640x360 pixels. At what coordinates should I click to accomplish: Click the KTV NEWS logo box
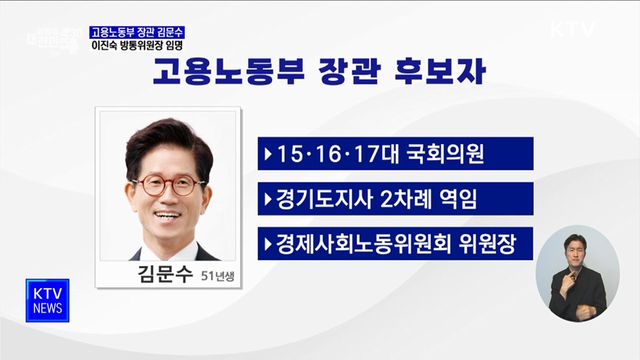pos(47,300)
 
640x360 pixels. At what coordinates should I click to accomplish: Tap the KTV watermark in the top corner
pos(572,29)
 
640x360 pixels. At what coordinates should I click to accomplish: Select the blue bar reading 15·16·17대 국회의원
pos(395,154)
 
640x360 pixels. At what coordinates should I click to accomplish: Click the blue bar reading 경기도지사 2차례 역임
pos(395,199)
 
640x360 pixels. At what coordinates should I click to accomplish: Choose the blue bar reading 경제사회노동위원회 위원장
pos(395,244)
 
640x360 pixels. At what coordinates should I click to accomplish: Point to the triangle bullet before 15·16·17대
pos(268,155)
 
